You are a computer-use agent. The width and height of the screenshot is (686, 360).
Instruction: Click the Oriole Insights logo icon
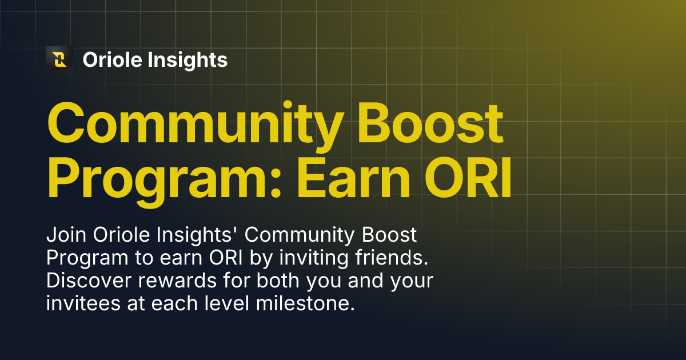point(59,59)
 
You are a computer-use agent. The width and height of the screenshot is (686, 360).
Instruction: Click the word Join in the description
point(66,235)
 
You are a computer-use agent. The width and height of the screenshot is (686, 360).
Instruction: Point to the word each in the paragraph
point(173,303)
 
